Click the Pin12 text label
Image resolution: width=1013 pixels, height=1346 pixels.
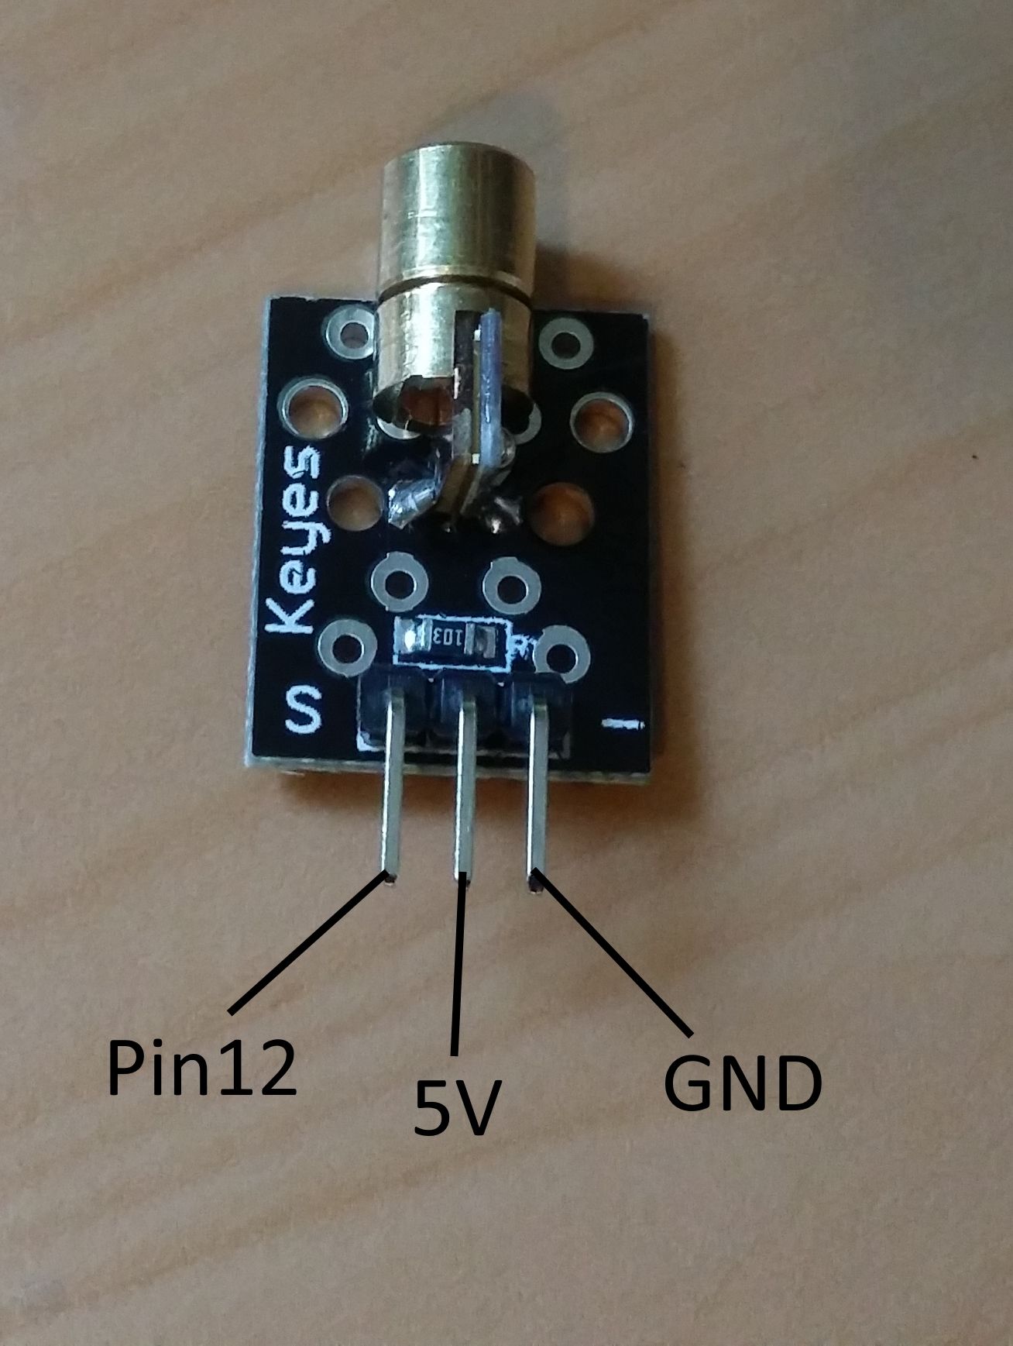point(201,1067)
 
